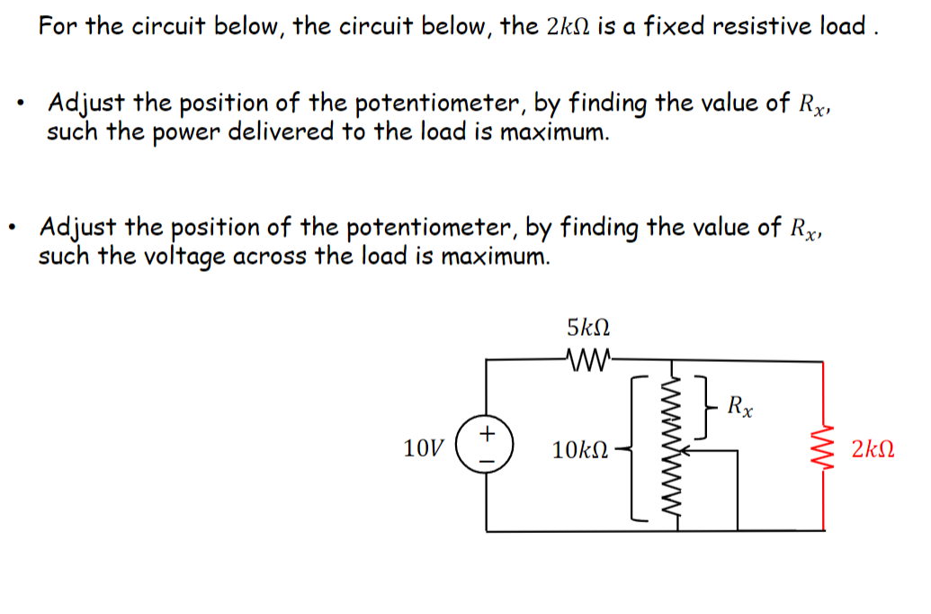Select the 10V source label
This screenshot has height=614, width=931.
425,447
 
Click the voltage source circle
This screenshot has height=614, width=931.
487,446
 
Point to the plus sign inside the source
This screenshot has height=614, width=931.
487,433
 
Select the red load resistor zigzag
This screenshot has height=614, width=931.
823,447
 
